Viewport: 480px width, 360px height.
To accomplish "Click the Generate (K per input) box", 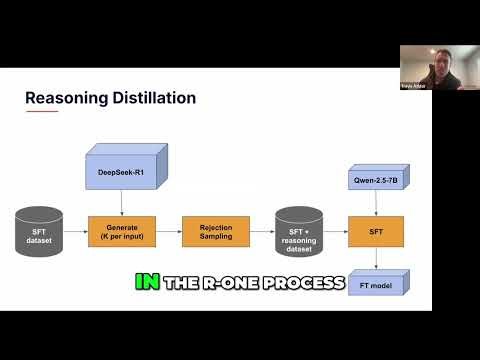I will coord(122,231).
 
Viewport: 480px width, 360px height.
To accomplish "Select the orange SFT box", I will coord(374,231).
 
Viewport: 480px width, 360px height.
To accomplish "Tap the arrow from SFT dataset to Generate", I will coord(75,231).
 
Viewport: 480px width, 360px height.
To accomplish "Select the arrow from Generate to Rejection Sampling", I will coord(167,231).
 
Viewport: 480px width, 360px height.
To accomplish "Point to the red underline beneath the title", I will coord(39,112).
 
